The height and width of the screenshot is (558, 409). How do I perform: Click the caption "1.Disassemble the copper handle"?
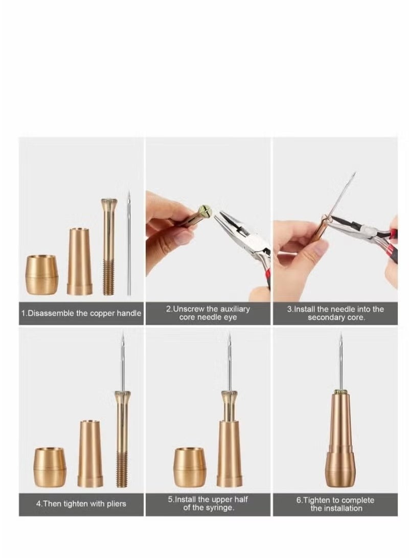click(81, 313)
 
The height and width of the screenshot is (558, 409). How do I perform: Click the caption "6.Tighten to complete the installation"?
click(335, 504)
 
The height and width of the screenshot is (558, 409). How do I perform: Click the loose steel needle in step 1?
click(129, 245)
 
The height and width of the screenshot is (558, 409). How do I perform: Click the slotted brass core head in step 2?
click(204, 211)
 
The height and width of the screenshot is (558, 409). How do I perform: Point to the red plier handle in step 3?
click(392, 250)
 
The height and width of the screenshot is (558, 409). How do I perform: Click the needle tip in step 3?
click(353, 175)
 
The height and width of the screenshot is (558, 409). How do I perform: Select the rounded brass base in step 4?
click(50, 467)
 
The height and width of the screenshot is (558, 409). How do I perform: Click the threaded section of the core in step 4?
click(122, 469)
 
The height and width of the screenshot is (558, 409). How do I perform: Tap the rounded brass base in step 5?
click(190, 467)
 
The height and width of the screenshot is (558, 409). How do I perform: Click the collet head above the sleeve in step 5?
click(229, 397)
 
